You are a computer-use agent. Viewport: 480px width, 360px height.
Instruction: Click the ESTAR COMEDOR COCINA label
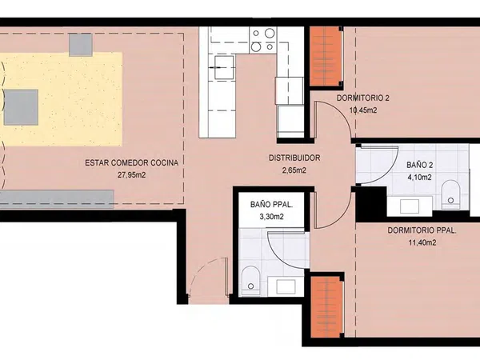pos(132,163)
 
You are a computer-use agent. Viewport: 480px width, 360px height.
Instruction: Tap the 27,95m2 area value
pos(132,175)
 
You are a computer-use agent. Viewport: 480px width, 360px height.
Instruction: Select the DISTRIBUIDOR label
pos(294,158)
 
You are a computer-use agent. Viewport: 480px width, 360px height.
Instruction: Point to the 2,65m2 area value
pos(294,170)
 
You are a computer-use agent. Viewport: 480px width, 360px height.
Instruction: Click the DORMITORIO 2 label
pos(363,98)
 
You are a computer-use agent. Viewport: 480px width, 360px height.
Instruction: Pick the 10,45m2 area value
pos(363,110)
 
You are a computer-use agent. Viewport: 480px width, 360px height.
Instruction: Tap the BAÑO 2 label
pos(420,165)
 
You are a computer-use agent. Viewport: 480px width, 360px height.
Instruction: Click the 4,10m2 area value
pos(420,178)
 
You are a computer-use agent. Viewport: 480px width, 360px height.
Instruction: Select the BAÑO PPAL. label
pos(271,205)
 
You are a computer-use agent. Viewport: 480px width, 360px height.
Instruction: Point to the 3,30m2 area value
pos(271,217)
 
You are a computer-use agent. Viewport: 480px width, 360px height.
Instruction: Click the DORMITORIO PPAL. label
pos(422,230)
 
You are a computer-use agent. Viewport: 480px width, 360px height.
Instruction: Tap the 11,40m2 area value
pos(422,242)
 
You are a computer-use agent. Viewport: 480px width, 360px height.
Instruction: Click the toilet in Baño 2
pos(451,194)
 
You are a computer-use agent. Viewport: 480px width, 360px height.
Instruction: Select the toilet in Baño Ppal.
pos(250,281)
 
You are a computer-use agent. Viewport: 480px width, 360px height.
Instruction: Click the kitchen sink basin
pos(224,67)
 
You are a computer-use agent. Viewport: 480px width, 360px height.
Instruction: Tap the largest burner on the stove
pos(270,33)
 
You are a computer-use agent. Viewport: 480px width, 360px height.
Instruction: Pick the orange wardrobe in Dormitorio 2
pos(326,56)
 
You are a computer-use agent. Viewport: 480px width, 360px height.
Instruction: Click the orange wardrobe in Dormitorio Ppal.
pos(326,307)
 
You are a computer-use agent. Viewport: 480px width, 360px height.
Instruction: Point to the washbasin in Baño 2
pos(410,206)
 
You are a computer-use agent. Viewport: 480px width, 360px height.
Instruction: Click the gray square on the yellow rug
pos(21,107)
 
